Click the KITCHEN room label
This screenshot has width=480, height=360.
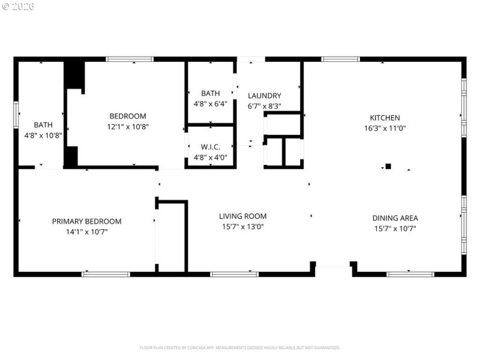pyautogui.click(x=385, y=118)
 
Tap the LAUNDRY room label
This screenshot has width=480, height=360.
pyautogui.click(x=265, y=95)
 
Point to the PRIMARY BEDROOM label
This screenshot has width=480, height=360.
pyautogui.click(x=86, y=221)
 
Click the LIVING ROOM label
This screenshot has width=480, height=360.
pyautogui.click(x=242, y=216)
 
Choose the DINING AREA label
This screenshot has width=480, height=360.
pyautogui.click(x=395, y=218)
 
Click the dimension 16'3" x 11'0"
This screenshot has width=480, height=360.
pyautogui.click(x=385, y=128)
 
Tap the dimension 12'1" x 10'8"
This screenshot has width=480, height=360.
pyautogui.click(x=127, y=127)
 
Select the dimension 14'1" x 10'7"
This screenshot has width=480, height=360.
pyautogui.click(x=86, y=231)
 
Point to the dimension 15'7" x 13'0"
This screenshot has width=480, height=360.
pyautogui.click(x=242, y=227)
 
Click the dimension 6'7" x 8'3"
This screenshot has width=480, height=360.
pyautogui.click(x=265, y=106)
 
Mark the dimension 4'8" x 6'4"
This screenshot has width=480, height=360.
pyautogui.click(x=210, y=104)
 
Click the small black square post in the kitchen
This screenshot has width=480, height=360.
pyautogui.click(x=388, y=166)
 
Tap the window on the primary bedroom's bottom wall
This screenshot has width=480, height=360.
pyautogui.click(x=106, y=274)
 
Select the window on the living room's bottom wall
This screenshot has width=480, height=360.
pyautogui.click(x=234, y=274)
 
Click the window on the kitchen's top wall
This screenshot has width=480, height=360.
pyautogui.click(x=340, y=59)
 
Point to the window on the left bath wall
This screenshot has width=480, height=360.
pyautogui.click(x=16, y=115)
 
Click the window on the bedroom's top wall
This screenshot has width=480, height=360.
pyautogui.click(x=130, y=59)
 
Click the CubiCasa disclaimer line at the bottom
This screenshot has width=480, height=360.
pyautogui.click(x=240, y=347)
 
